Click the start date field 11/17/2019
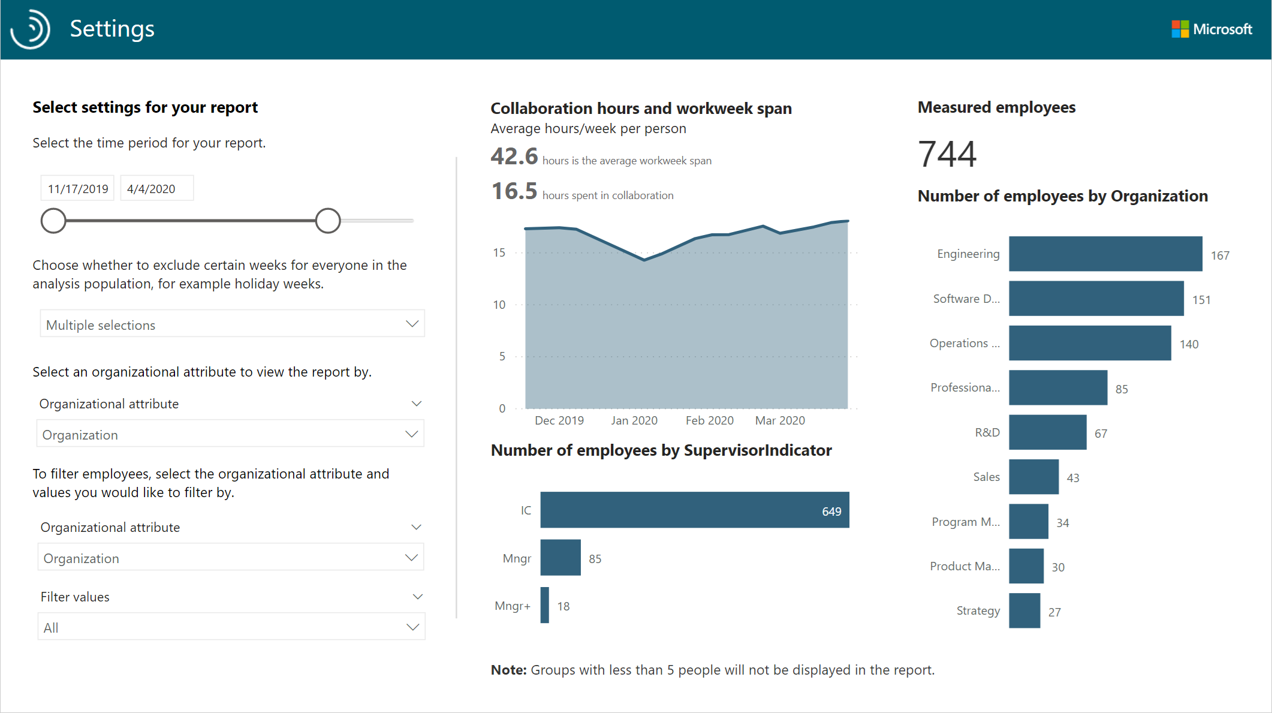click(77, 189)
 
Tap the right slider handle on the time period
click(328, 221)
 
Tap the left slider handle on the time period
click(53, 221)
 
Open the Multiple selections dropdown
click(232, 324)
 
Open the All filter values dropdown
click(231, 627)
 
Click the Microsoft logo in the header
click(1211, 29)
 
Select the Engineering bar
click(1105, 254)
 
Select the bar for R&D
click(1047, 432)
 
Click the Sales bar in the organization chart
click(1033, 477)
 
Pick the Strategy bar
click(1024, 610)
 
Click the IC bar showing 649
click(694, 510)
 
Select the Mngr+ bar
click(544, 606)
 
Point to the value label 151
click(1201, 300)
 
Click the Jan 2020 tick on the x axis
click(634, 420)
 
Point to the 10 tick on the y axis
click(499, 305)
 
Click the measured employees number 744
click(947, 154)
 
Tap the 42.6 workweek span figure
click(514, 157)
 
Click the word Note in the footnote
click(508, 670)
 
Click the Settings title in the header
click(112, 29)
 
